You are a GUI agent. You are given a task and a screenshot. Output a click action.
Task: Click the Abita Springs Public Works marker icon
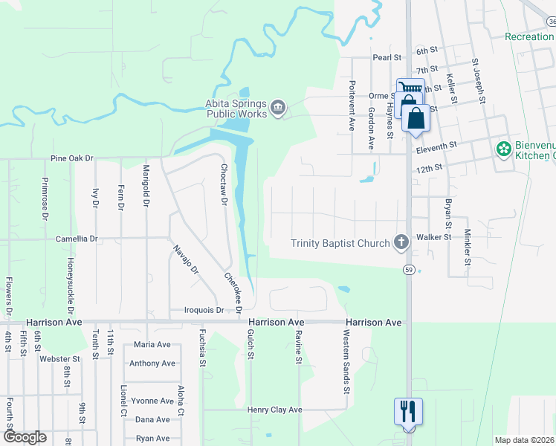pyautogui.click(x=278, y=109)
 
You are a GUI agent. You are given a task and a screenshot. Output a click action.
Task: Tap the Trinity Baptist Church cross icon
pyautogui.click(x=401, y=242)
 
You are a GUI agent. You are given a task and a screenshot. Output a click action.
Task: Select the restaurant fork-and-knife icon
pyautogui.click(x=408, y=410)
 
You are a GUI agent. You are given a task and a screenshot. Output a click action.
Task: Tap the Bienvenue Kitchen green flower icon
pyautogui.click(x=504, y=149)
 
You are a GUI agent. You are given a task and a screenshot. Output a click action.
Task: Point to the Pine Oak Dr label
pyautogui.click(x=72, y=158)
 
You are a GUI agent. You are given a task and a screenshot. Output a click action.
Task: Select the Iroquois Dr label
pyautogui.click(x=204, y=311)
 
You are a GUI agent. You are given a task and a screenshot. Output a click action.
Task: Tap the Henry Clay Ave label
pyautogui.click(x=275, y=410)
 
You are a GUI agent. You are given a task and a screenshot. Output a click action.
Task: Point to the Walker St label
pyautogui.click(x=434, y=236)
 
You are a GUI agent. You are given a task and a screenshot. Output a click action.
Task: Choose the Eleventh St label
pyautogui.click(x=435, y=149)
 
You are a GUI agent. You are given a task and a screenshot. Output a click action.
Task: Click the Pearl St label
pyautogui.click(x=387, y=56)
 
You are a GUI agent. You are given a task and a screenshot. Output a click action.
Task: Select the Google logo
pyautogui.click(x=25, y=437)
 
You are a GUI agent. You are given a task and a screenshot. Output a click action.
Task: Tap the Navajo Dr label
pyautogui.click(x=185, y=260)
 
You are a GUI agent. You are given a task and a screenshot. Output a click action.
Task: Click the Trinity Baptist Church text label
pyautogui.click(x=340, y=243)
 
